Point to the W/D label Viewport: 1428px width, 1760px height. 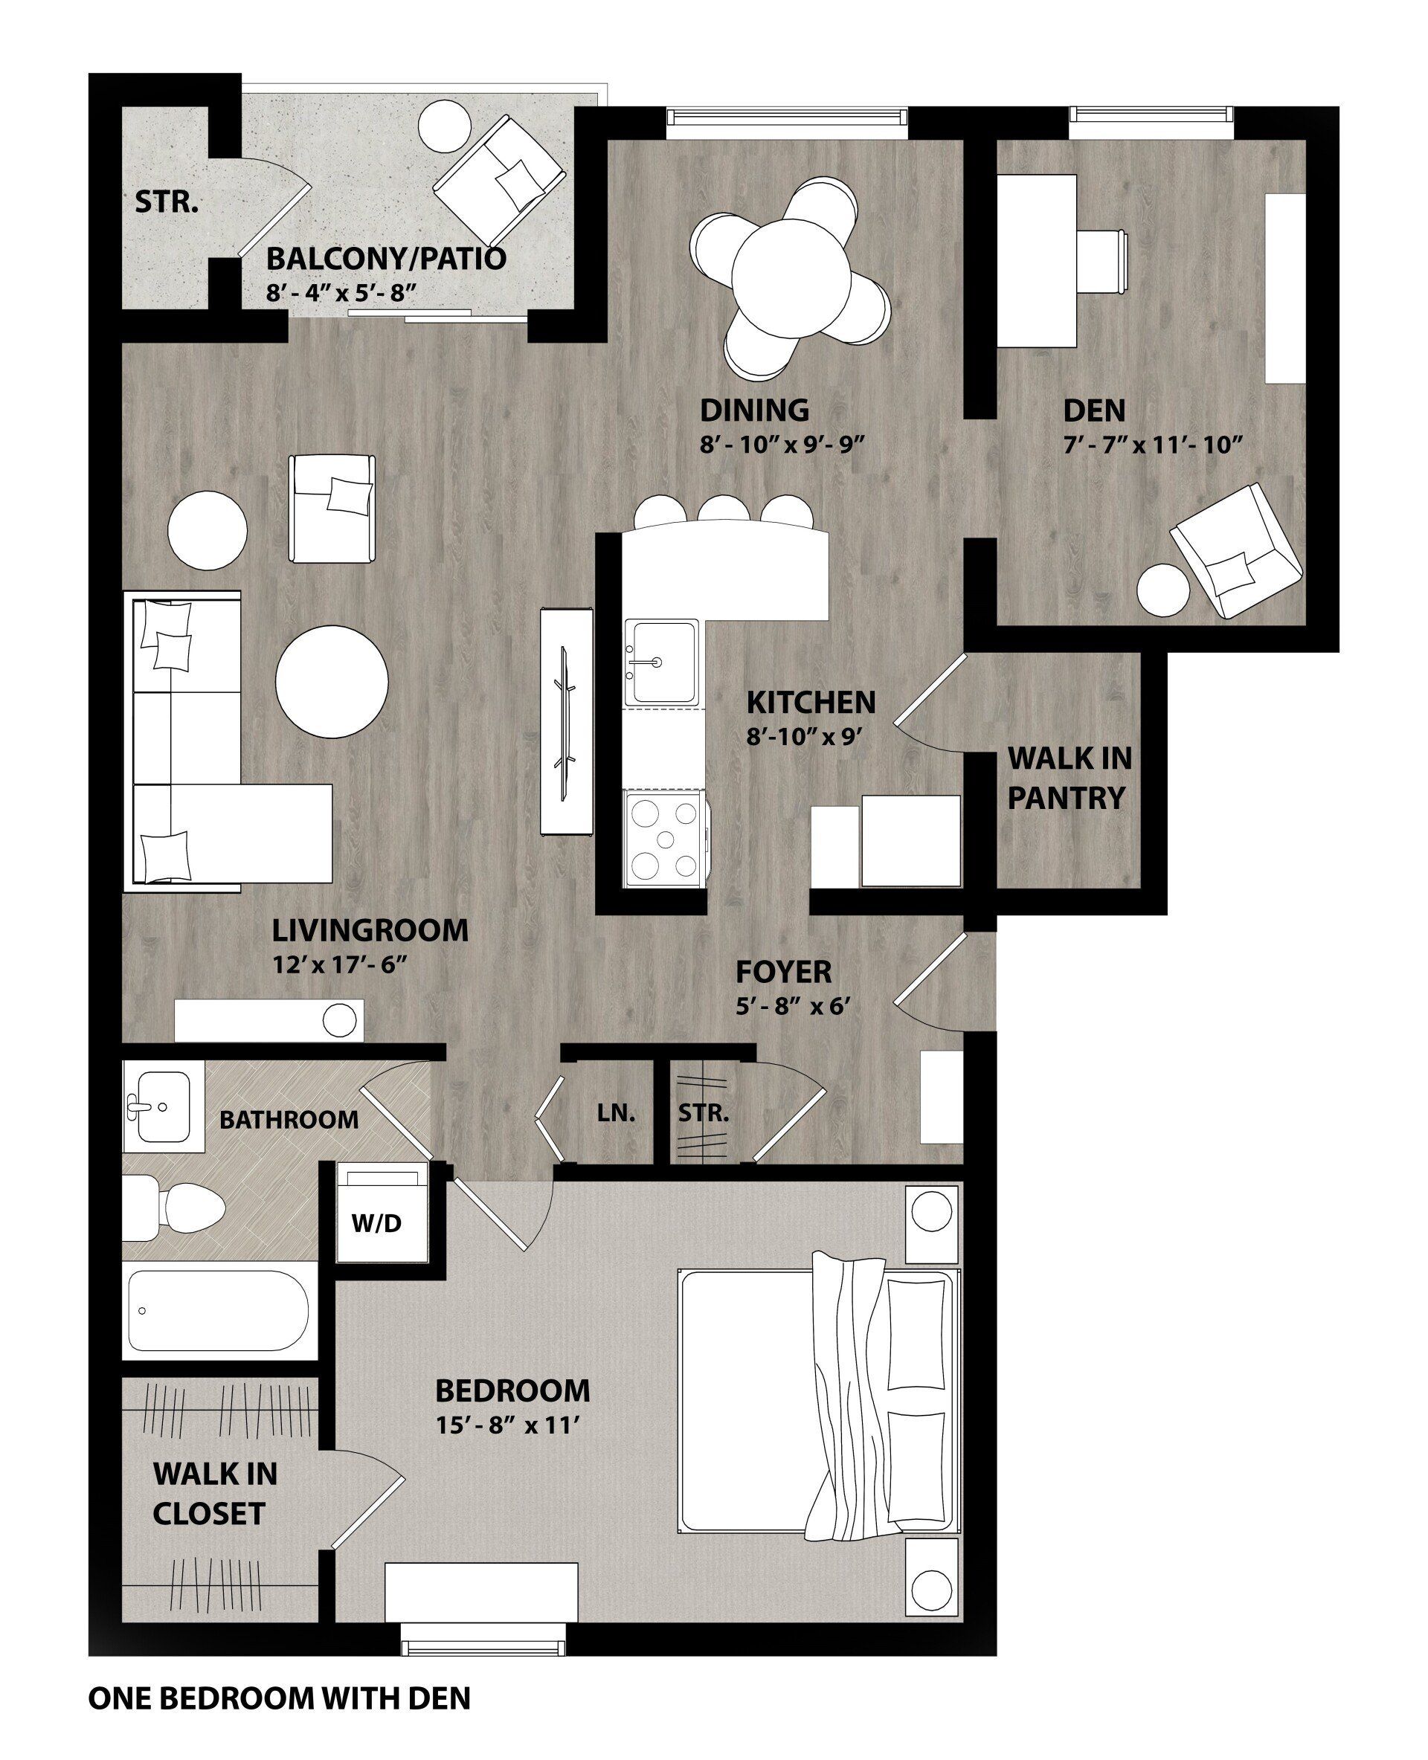pos(377,1224)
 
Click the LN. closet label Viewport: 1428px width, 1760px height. pos(616,1115)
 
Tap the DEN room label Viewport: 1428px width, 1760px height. pos(1094,410)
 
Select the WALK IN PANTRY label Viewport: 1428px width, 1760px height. pos(1069,777)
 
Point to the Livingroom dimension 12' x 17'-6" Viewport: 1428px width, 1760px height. pos(341,964)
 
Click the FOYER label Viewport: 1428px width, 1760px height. pos(783,972)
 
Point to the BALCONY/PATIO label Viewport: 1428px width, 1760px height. pos(386,259)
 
